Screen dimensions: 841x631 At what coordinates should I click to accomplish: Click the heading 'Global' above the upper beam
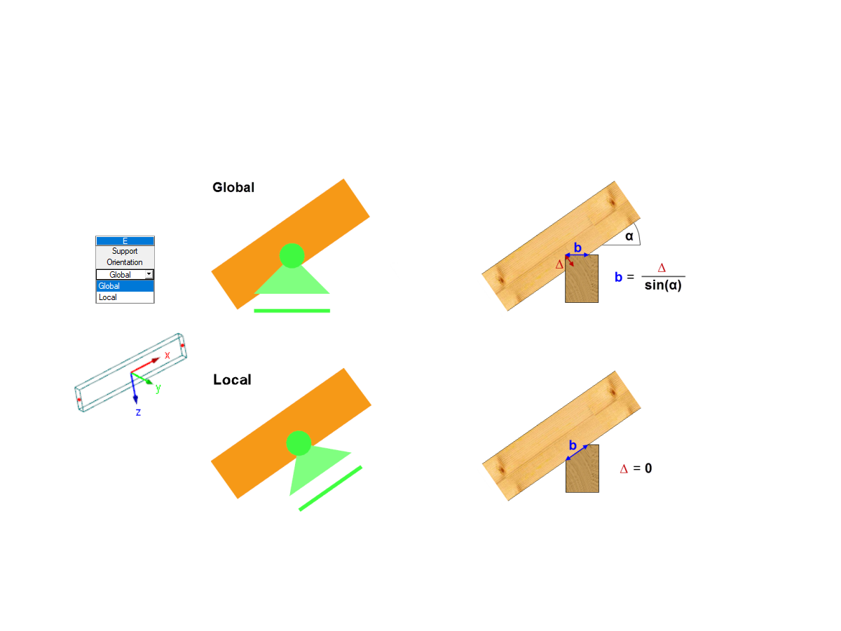click(x=233, y=187)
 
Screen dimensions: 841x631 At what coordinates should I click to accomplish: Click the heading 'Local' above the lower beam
click(x=232, y=380)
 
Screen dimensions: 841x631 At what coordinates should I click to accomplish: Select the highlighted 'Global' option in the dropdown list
click(x=125, y=286)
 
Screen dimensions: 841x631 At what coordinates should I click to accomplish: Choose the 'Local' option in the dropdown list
click(x=125, y=297)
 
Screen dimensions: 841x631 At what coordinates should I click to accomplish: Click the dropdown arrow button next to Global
click(x=149, y=274)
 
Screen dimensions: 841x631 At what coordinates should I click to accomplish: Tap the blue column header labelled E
click(x=125, y=241)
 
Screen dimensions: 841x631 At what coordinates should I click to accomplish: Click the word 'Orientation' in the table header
click(x=125, y=262)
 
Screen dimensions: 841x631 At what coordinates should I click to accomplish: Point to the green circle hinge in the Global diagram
click(x=292, y=255)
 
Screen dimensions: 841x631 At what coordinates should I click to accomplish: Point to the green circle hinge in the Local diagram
click(x=299, y=443)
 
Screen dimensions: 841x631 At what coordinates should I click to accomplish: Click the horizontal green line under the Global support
click(x=292, y=311)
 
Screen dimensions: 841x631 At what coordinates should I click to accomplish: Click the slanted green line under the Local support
click(x=330, y=489)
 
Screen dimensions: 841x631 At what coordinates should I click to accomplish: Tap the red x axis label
click(x=167, y=355)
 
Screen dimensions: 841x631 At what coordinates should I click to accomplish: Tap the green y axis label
click(x=158, y=388)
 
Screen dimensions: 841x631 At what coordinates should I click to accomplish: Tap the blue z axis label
click(x=138, y=412)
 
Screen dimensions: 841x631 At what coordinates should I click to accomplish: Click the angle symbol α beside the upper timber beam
click(x=629, y=236)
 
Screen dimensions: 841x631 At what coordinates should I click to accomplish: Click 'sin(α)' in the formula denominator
click(x=663, y=285)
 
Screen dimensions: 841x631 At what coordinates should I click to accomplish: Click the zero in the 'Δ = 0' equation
click(x=648, y=468)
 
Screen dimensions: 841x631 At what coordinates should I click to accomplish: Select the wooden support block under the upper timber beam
click(x=582, y=279)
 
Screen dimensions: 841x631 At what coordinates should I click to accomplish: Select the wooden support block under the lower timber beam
click(x=582, y=468)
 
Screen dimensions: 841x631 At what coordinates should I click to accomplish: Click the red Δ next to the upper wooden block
click(x=559, y=264)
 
